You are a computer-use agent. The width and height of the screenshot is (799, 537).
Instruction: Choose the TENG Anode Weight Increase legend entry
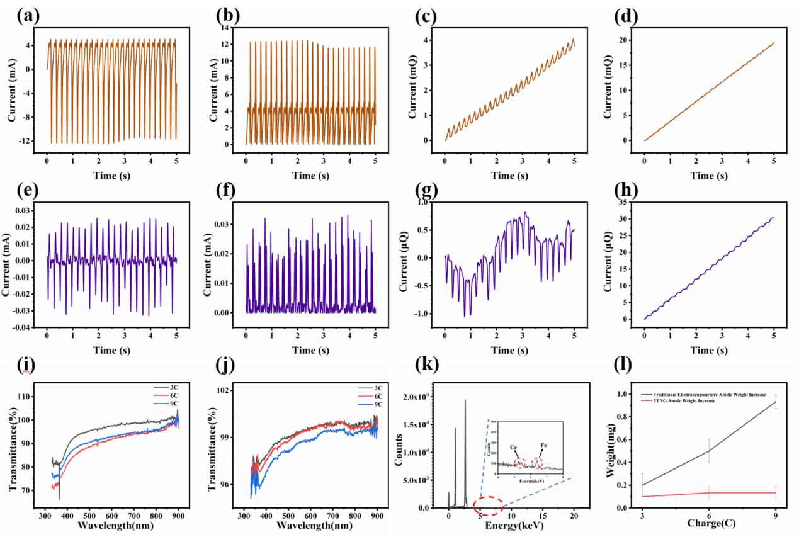(x=677, y=400)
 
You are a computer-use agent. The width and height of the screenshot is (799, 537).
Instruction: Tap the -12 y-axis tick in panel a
(x=34, y=141)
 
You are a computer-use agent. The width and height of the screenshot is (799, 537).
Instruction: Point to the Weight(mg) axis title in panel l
(x=611, y=449)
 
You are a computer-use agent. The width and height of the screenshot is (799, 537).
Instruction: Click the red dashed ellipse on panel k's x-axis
(x=487, y=506)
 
